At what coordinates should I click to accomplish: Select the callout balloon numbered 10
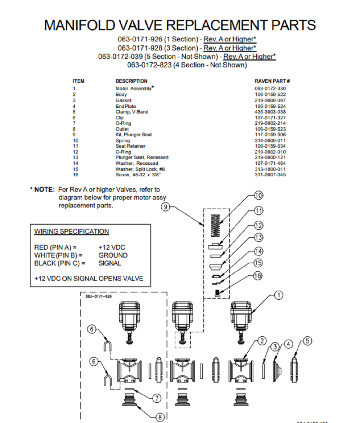(258, 195)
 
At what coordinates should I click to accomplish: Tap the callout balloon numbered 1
(278, 295)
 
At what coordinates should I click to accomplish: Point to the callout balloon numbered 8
(161, 417)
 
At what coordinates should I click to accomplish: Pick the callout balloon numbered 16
(258, 276)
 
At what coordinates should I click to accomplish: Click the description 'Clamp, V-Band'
(131, 112)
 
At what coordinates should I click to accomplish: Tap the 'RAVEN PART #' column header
(272, 81)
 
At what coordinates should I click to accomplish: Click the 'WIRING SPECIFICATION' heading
(71, 231)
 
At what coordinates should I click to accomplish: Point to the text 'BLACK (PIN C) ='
(60, 263)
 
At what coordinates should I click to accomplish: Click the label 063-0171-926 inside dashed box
(99, 296)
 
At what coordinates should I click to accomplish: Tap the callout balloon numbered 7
(156, 398)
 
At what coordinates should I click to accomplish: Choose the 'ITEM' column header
(78, 81)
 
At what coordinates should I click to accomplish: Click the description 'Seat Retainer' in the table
(130, 146)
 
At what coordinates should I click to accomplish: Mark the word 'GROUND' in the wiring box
(113, 255)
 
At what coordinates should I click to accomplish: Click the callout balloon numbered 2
(262, 341)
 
